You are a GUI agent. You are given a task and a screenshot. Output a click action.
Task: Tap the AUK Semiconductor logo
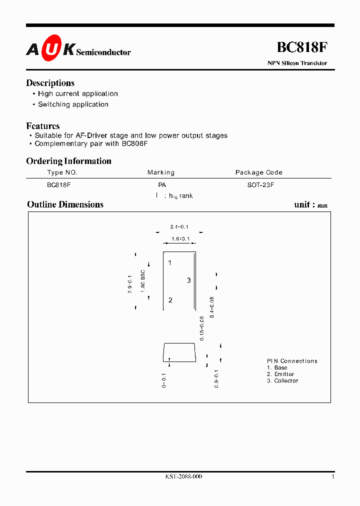pos(78,48)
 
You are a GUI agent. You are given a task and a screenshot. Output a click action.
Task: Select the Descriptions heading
pos(50,83)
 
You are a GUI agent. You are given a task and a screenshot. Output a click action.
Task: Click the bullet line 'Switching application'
pos(73,104)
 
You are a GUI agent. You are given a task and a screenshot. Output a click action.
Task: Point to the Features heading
pos(43,126)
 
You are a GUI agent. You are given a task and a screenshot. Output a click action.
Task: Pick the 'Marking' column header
pos(161,172)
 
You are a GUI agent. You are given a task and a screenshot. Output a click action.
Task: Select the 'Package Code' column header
pos(259,172)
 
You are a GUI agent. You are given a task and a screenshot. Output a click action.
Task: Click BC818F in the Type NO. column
pos(58,184)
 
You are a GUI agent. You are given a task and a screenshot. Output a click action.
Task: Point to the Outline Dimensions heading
pos(65,204)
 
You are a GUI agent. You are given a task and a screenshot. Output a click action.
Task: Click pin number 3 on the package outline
pos(189,280)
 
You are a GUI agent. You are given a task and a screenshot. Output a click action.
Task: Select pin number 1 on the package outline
pos(170,262)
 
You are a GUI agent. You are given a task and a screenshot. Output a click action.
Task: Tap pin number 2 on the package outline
pos(170,300)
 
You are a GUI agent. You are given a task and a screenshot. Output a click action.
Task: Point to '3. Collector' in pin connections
pos(282,381)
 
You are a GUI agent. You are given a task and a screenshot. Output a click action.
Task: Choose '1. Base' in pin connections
pos(277,367)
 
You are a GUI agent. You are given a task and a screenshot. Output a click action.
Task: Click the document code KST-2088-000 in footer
pos(183,476)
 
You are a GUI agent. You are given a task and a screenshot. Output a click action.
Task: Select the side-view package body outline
pos(179,352)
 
